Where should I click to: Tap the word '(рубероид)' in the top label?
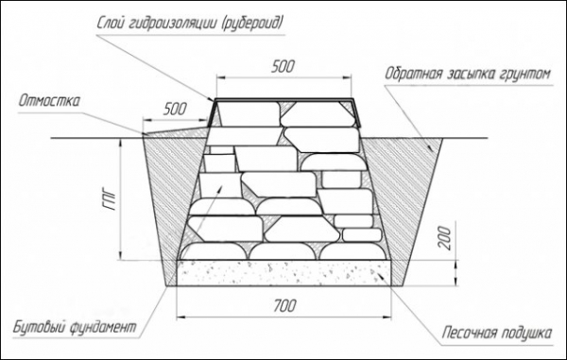252,24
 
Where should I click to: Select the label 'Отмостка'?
49,101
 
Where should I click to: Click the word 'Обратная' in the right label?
413,74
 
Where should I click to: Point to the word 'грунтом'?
525,75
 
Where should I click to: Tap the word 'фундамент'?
103,328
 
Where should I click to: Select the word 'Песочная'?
469,333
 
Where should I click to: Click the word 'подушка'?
526,333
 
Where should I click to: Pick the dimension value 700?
284,306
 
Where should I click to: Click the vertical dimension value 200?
445,238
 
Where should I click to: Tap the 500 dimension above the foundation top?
283,66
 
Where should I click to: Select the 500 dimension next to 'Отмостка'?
175,109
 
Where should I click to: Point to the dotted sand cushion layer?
283,273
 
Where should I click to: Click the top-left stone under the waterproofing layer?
249,113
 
